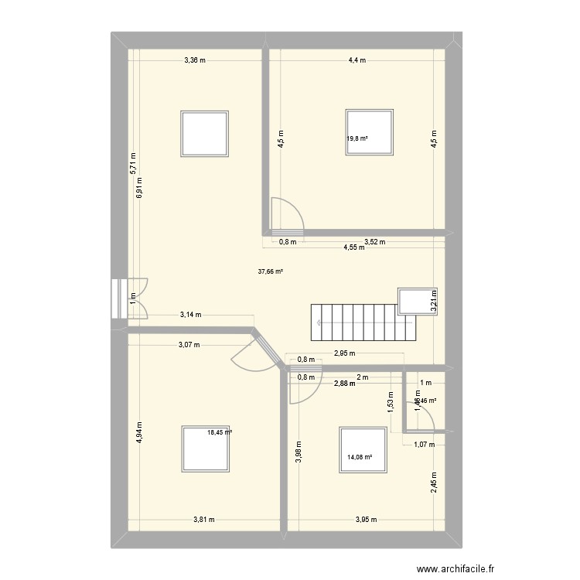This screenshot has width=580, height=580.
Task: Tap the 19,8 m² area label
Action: click(x=357, y=139)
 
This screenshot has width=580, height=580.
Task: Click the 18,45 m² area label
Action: click(x=220, y=433)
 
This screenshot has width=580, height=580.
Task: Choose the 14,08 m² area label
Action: click(x=360, y=457)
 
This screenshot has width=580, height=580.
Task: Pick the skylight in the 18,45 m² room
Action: click(x=204, y=448)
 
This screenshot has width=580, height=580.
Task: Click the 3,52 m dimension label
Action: click(x=374, y=242)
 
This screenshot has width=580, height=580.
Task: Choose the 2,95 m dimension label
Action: click(x=344, y=354)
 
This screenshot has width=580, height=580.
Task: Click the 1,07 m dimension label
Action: click(x=424, y=445)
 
